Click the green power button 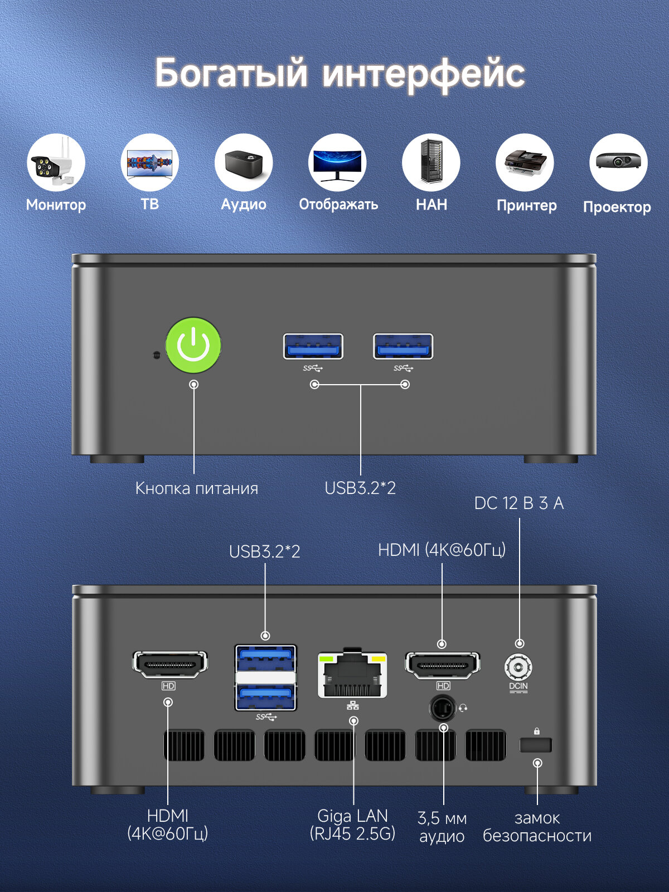pyautogui.click(x=193, y=346)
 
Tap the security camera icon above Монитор pyautogui.click(x=56, y=163)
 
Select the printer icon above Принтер pyautogui.click(x=525, y=163)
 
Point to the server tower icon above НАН pyautogui.click(x=431, y=163)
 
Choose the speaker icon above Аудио pyautogui.click(x=244, y=163)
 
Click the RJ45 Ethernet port pyautogui.click(x=352, y=675)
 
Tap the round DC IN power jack pyautogui.click(x=518, y=667)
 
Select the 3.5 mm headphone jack pyautogui.click(x=442, y=709)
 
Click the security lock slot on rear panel pyautogui.click(x=536, y=745)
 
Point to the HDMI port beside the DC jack pyautogui.click(x=442, y=665)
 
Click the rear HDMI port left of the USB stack pyautogui.click(x=169, y=665)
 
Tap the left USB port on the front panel pyautogui.click(x=313, y=347)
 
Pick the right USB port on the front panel pyautogui.click(x=403, y=347)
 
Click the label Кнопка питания pyautogui.click(x=197, y=488)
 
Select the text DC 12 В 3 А pyautogui.click(x=518, y=503)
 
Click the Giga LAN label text pyautogui.click(x=352, y=816)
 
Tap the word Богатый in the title pyautogui.click(x=231, y=73)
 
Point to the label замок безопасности pyautogui.click(x=537, y=827)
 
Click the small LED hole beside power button pyautogui.click(x=157, y=355)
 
